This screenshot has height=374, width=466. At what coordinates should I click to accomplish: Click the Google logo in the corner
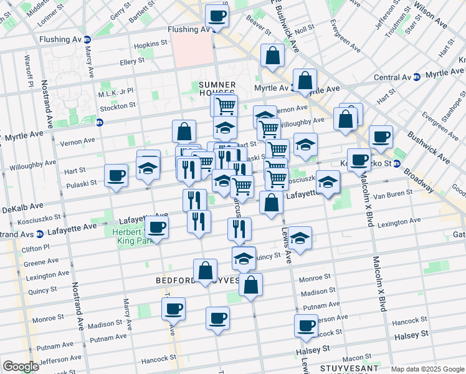21,367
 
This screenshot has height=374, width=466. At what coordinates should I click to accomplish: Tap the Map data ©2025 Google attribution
427,369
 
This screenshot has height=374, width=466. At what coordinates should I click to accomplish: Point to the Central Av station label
392,77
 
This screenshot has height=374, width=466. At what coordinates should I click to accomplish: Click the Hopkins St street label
152,44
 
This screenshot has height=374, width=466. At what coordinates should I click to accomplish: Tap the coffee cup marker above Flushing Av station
217,16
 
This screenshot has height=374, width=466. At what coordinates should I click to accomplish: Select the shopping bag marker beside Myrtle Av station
305,80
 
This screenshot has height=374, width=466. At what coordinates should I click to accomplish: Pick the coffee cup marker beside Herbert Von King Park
156,228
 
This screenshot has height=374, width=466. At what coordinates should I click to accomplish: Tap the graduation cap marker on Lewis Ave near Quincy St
300,238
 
